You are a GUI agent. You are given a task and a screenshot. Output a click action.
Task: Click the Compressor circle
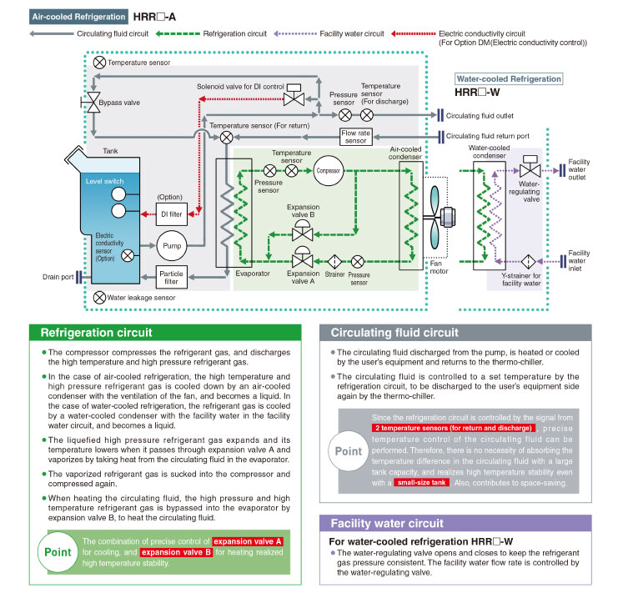pos(329,171)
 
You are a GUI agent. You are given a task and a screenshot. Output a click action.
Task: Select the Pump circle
pos(172,245)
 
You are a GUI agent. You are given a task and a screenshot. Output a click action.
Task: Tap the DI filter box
pos(172,214)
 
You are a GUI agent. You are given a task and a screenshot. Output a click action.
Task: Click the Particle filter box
pos(171,277)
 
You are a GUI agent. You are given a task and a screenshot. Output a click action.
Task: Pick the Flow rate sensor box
pos(356,137)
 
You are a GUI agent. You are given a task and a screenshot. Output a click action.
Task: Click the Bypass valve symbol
pos(93,103)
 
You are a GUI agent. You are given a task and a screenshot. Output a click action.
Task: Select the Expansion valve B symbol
pos(302,230)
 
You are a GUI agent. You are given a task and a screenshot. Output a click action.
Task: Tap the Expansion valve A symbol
pos(302,258)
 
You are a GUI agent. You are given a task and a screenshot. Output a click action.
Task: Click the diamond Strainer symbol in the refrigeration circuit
pos(334,261)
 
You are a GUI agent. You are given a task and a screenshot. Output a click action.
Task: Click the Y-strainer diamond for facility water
pos(528,261)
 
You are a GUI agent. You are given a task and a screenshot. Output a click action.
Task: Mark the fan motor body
pos(447,217)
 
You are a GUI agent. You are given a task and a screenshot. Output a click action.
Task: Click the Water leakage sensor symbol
pos(99,298)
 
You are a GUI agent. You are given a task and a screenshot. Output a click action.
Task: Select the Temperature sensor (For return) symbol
pos(226,138)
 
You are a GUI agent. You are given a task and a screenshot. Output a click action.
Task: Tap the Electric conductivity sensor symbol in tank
pos(128,256)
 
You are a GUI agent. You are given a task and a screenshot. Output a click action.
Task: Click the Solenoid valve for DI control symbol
pos(294,94)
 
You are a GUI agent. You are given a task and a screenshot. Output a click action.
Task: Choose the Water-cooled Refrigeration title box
pos(509,79)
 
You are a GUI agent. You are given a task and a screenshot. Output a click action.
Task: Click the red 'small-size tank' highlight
pos(421,483)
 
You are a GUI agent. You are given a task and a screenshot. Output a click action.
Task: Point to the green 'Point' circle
pos(58,552)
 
